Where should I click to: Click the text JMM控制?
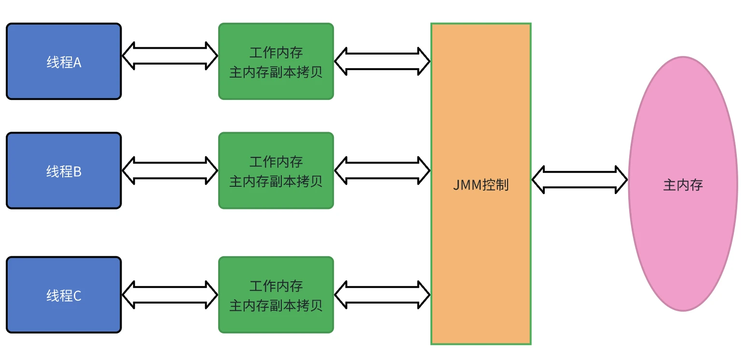[481, 185]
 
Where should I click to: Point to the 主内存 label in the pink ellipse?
[683, 185]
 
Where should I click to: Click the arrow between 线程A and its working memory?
[170, 55]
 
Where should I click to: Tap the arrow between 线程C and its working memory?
[170, 294]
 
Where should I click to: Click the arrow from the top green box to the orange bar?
[382, 61]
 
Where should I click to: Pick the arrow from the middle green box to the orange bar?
[382, 170]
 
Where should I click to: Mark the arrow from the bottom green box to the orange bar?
[382, 294]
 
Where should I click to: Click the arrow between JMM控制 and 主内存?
[579, 180]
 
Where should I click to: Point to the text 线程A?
[64, 62]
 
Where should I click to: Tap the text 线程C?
[64, 296]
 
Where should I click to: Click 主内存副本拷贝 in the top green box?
[276, 72]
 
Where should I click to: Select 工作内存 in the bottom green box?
[276, 286]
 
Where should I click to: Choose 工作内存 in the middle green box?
[276, 161]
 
